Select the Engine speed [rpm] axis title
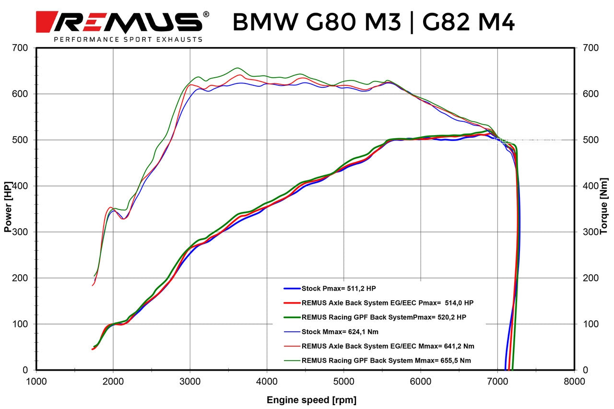311,400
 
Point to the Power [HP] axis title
8,210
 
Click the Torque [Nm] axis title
603,210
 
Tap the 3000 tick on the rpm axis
190,381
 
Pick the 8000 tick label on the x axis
574,381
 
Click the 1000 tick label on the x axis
36,381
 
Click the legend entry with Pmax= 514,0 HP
388,303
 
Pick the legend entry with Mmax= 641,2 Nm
388,346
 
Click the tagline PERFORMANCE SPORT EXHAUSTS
128,39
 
